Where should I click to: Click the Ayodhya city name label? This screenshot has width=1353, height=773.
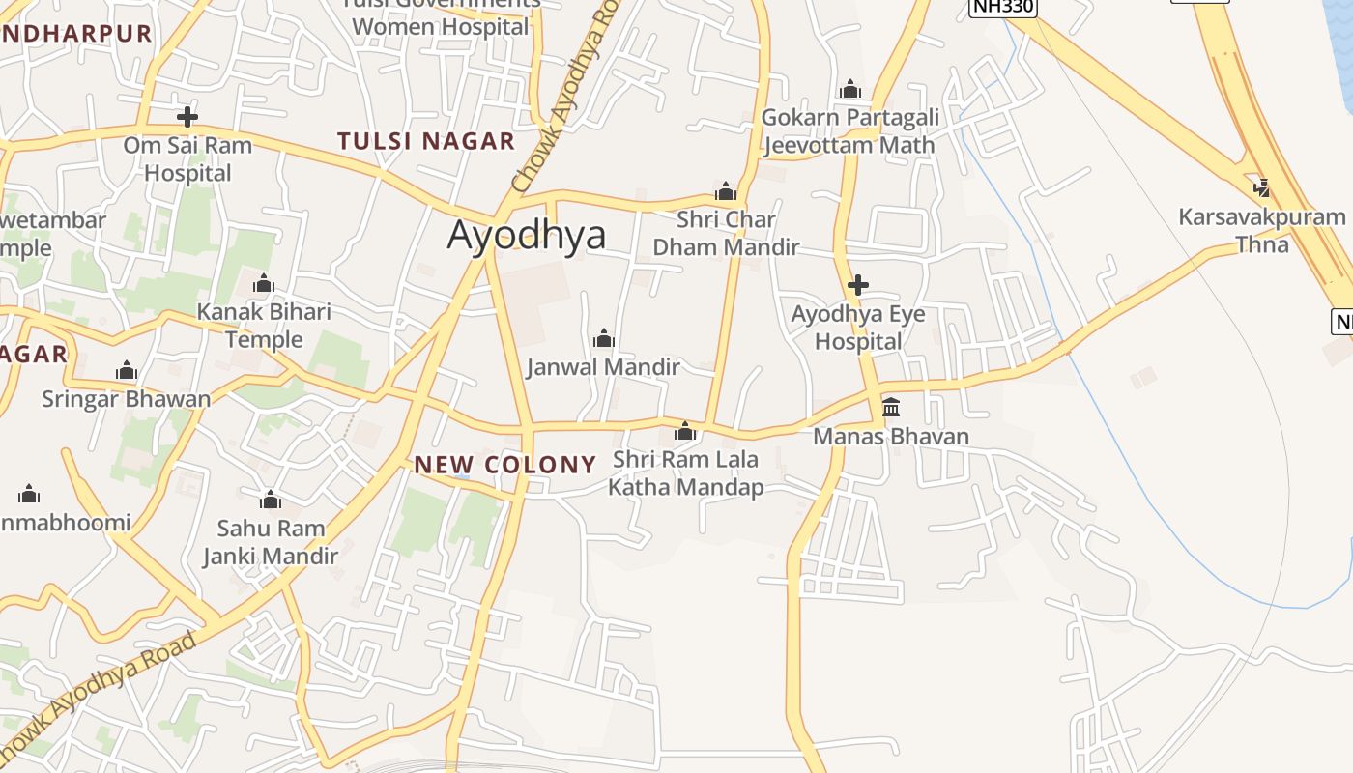527,236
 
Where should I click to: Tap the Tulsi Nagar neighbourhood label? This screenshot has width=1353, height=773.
426,141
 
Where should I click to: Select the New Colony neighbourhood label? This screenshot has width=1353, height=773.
505,465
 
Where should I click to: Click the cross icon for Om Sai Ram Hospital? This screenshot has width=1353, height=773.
187,118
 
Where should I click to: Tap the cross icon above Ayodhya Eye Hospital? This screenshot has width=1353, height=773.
857,285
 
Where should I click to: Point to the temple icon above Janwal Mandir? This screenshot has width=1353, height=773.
604,338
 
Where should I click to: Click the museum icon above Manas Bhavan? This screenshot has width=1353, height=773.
891,407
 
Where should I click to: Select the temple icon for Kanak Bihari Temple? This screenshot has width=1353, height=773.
264,284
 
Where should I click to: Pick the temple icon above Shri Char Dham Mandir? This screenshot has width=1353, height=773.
726,191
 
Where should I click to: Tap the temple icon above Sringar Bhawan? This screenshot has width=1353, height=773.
127,371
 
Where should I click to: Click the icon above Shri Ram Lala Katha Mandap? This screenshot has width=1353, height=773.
685,431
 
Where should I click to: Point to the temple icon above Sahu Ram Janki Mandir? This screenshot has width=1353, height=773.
271,500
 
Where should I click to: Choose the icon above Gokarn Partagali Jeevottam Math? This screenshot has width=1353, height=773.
850,90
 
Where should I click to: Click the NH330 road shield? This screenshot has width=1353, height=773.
1002,8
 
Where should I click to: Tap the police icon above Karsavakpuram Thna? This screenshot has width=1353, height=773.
1261,187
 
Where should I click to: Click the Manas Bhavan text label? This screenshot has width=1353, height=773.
891,437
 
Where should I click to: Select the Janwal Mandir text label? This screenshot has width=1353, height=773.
603,367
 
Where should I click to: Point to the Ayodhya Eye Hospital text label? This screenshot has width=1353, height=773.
858,328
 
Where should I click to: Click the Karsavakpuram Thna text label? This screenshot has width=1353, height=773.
1262,231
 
